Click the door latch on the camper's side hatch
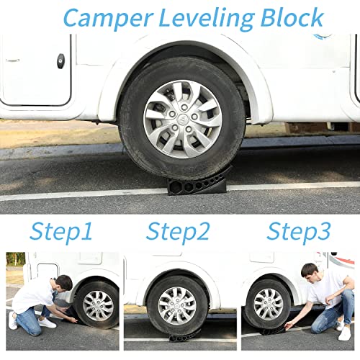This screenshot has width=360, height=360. pyautogui.click(x=60, y=61)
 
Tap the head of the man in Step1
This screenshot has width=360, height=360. pyautogui.click(x=64, y=282)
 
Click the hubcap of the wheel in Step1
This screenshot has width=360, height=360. pyautogui.click(x=96, y=305)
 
